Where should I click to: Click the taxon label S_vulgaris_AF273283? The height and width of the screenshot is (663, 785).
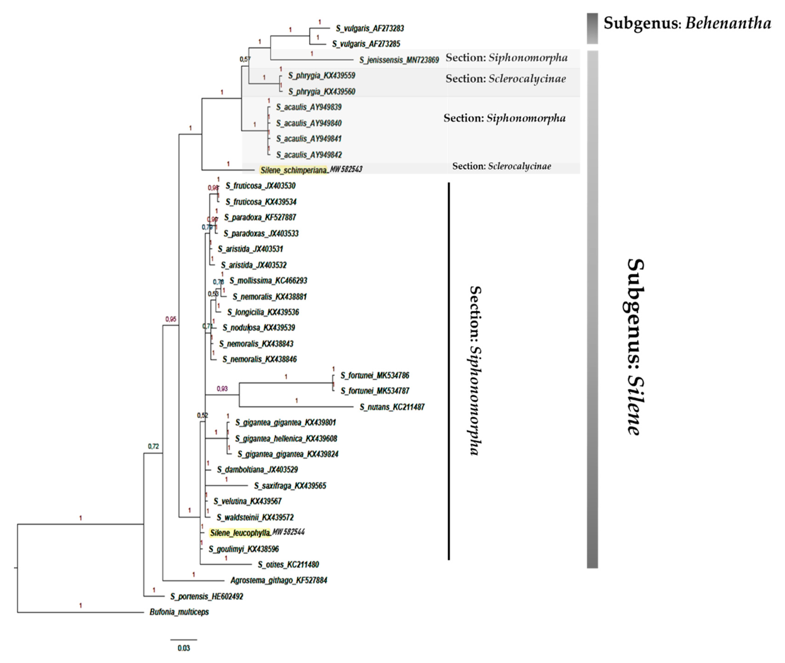370,28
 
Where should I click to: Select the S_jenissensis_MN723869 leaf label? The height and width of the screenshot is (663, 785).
399,60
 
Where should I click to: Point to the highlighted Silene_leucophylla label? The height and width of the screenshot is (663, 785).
240,532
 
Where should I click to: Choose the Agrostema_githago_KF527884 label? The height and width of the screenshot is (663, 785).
279,580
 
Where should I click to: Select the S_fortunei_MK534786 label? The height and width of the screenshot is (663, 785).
375,375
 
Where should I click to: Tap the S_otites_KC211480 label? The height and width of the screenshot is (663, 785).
288,564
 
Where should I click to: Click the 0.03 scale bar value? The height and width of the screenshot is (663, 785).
184,648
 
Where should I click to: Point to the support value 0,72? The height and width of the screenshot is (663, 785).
153,447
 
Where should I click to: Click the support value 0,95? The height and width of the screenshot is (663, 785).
171,319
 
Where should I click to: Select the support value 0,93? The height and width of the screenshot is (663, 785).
222,389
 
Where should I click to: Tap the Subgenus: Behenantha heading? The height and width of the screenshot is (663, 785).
687,23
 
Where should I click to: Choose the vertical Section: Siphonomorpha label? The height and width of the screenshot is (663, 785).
475,370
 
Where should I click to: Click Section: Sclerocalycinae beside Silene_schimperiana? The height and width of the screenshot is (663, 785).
501,166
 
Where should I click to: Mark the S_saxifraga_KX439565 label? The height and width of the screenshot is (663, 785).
290,486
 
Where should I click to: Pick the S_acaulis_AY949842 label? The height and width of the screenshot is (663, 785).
309,155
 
